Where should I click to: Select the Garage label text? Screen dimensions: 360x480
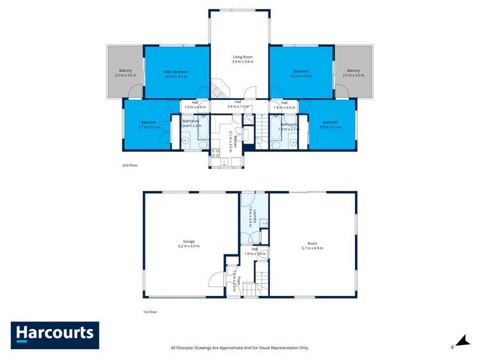point(188,241)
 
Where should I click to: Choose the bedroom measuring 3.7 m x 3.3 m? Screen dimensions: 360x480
point(149,124)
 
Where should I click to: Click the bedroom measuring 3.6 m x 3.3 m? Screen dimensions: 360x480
point(330,124)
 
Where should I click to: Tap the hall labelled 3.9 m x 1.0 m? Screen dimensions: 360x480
point(238,104)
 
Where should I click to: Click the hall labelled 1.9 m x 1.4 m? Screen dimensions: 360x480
point(254,251)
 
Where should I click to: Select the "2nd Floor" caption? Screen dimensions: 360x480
point(130,165)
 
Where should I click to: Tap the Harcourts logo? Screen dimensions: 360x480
point(55,334)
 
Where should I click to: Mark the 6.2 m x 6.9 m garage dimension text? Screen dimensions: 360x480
point(188,246)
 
